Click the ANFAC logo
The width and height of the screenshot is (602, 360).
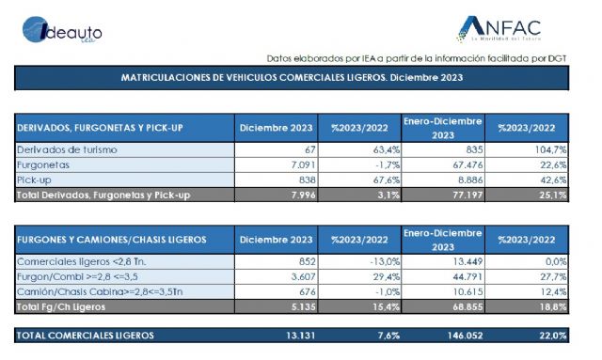click(501, 27)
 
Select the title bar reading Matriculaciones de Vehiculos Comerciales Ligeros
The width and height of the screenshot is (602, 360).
click(291, 78)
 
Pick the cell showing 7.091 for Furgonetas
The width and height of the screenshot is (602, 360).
click(297, 164)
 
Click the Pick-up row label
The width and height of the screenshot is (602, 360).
click(36, 180)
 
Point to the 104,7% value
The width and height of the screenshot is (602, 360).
click(546, 149)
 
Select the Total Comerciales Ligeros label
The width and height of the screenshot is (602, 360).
click(86, 335)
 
